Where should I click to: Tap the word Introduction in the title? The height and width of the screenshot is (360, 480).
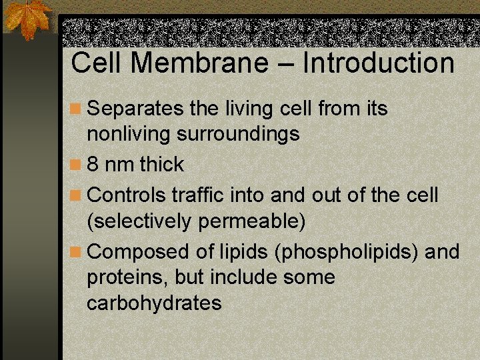(x=379, y=63)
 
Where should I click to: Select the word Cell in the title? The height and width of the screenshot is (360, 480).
(x=95, y=63)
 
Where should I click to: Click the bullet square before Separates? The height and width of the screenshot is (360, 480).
(x=77, y=109)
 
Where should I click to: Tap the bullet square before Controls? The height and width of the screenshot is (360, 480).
(x=77, y=196)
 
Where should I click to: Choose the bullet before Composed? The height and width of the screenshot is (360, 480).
(x=77, y=253)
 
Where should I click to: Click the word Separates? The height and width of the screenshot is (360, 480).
(x=135, y=108)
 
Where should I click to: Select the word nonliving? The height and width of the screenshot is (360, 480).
(x=129, y=134)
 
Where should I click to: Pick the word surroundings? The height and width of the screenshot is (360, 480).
(x=238, y=134)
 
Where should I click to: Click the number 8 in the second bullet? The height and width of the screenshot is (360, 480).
(x=93, y=165)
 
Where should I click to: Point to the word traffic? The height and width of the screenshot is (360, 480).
(x=198, y=195)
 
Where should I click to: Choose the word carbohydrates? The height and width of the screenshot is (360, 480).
(x=154, y=303)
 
